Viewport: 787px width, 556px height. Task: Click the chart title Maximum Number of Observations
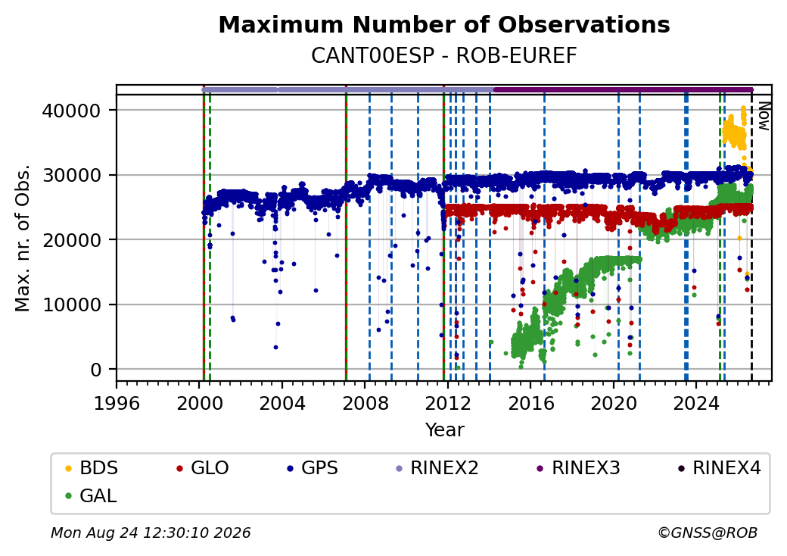[x=444, y=24]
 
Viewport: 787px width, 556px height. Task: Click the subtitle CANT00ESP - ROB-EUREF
[x=444, y=56]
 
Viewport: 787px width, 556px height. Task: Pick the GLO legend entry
[x=203, y=468]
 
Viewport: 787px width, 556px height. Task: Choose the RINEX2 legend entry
[x=437, y=468]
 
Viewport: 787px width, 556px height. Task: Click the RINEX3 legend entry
[x=579, y=468]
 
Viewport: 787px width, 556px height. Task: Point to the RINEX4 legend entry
[x=719, y=468]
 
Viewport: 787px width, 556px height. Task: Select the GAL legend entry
[x=92, y=496]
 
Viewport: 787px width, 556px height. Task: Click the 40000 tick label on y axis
[x=71, y=111]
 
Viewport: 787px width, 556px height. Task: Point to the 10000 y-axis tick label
[x=71, y=305]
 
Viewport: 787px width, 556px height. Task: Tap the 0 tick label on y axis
[x=96, y=370]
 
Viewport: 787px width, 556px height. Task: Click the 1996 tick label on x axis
[x=117, y=403]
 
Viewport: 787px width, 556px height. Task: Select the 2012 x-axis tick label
[x=448, y=403]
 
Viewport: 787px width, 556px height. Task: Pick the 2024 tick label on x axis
[x=697, y=403]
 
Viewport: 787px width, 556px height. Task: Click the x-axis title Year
[x=445, y=430]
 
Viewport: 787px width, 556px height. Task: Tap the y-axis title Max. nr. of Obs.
[x=23, y=238]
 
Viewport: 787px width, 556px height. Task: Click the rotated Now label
[x=764, y=116]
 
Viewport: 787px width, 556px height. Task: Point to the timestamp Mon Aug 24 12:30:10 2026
[x=151, y=533]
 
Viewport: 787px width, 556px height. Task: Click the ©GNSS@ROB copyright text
[x=708, y=533]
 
